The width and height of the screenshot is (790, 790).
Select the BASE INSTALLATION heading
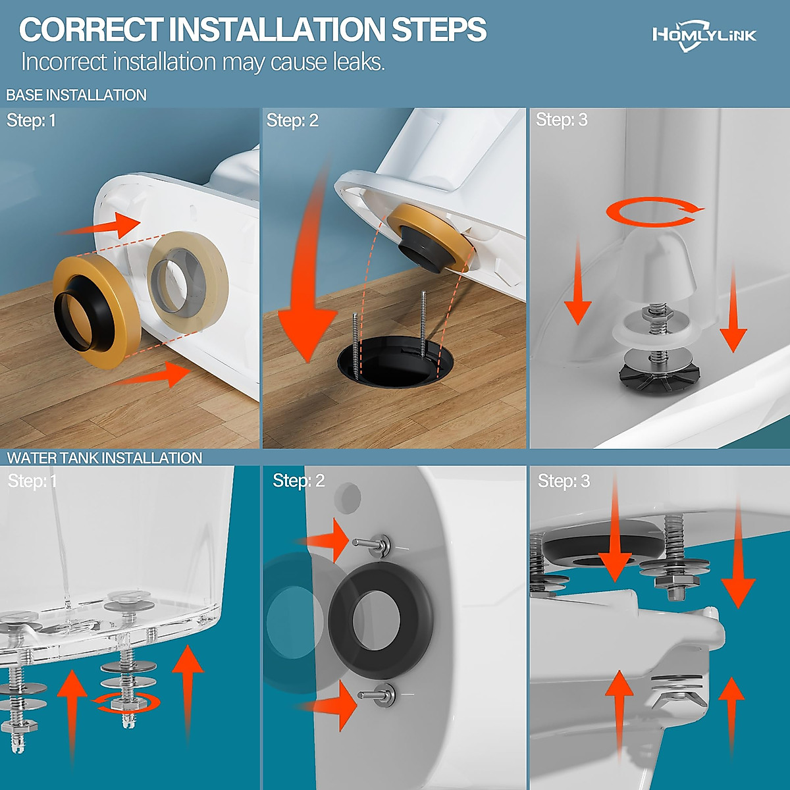76,95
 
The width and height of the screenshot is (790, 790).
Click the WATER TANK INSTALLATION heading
105,458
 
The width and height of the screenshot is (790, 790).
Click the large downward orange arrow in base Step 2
308,263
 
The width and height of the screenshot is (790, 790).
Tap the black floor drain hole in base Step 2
396,361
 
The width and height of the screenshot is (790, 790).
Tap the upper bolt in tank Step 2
372,545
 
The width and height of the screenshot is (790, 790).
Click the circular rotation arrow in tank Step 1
126,703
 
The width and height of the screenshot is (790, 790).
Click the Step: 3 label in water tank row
564,481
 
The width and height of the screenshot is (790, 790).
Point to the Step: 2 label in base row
292,120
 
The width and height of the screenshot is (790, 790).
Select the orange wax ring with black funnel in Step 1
96,311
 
